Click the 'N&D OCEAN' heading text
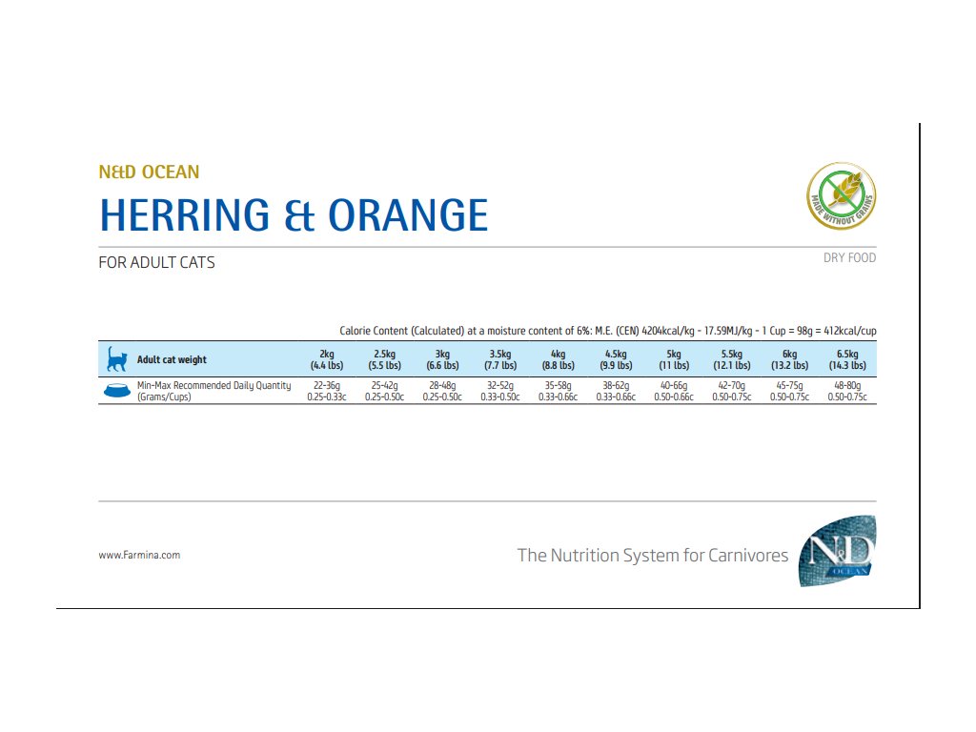(x=149, y=173)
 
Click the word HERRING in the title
(x=191, y=215)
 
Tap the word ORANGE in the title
(x=408, y=215)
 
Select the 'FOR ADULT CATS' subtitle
(x=156, y=262)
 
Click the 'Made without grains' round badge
(x=842, y=195)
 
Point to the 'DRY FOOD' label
(x=849, y=257)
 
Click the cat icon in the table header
(x=116, y=359)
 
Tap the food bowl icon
(x=116, y=391)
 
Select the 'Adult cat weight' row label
(x=172, y=359)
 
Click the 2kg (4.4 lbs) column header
(x=327, y=359)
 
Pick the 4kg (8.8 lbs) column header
(x=558, y=359)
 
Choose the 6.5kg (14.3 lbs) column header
(x=846, y=359)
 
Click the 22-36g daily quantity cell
(x=327, y=391)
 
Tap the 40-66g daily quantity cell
(x=674, y=391)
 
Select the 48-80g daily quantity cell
(x=846, y=391)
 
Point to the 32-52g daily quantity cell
(x=500, y=391)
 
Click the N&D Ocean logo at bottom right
(x=837, y=551)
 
